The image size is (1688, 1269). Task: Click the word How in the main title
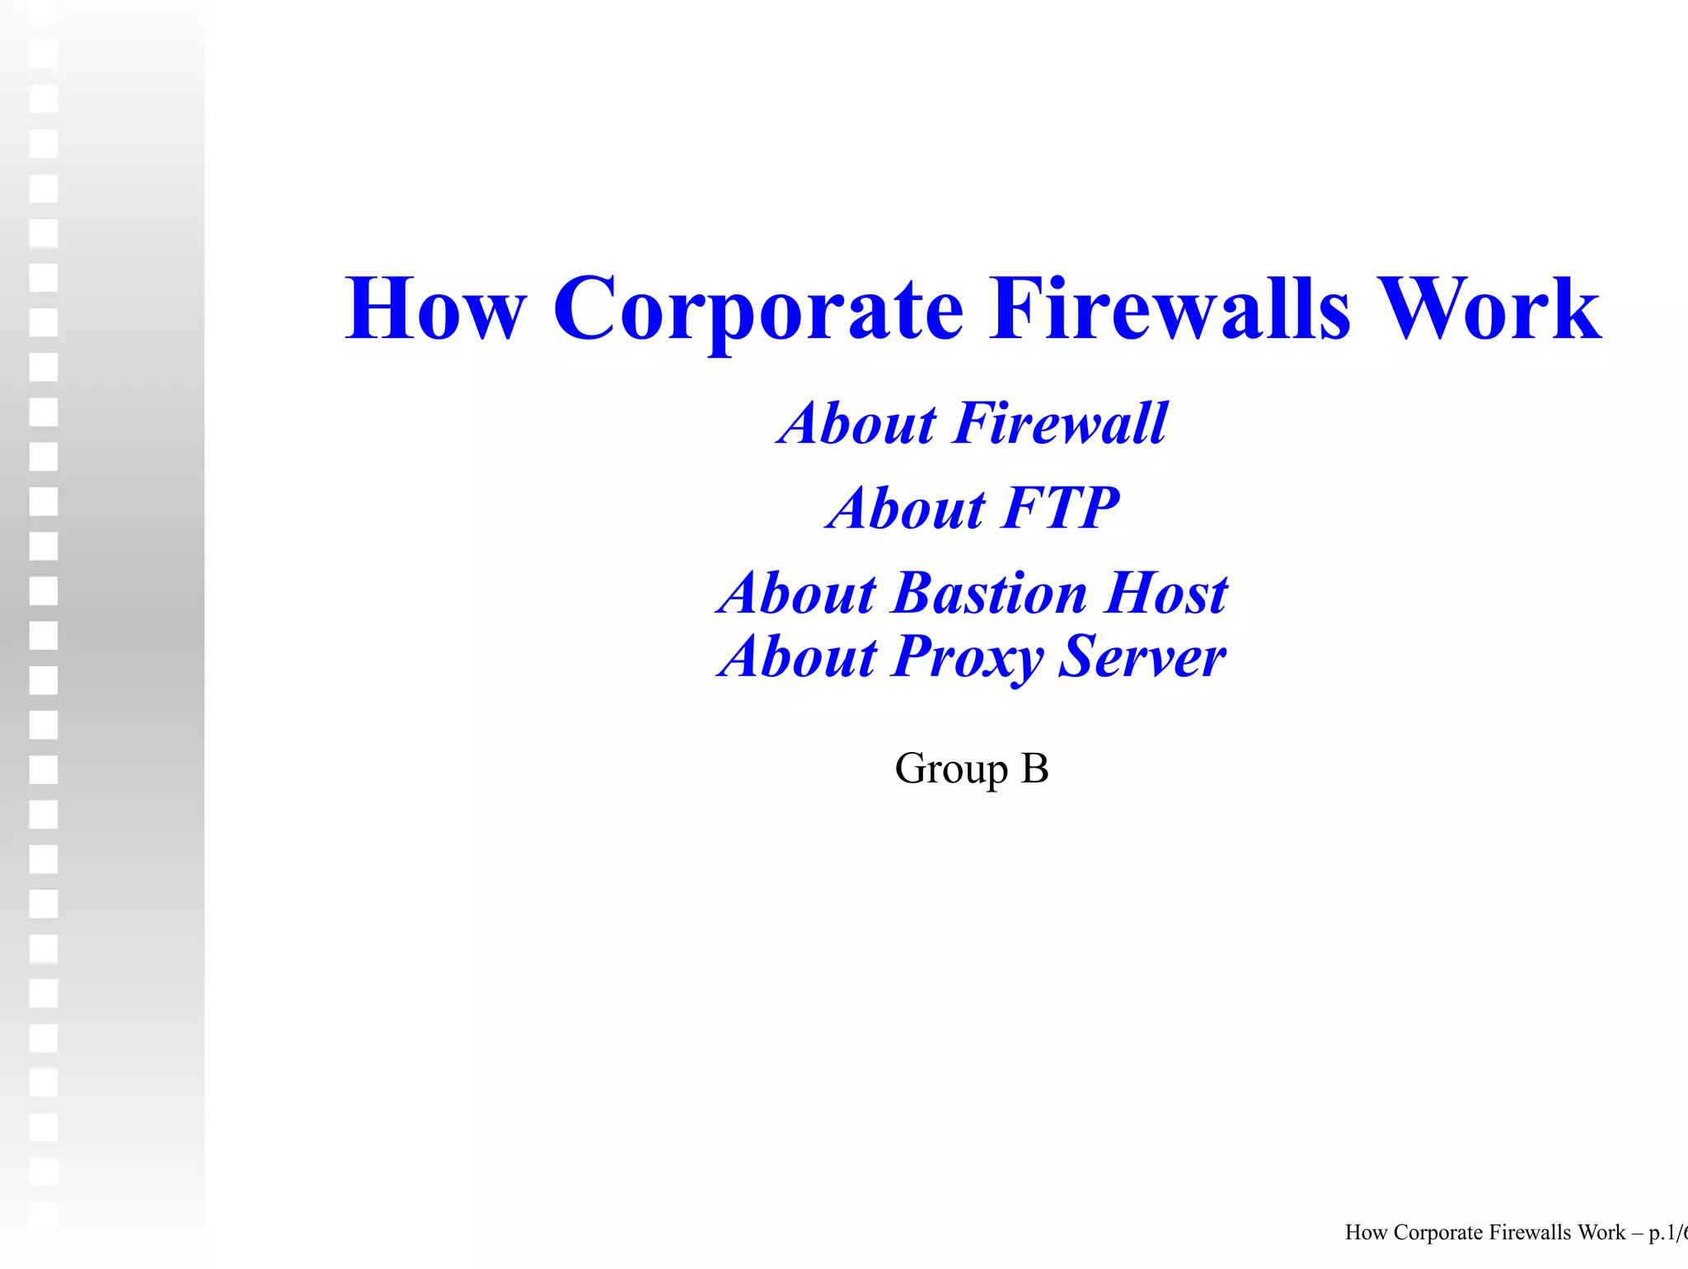pyautogui.click(x=434, y=308)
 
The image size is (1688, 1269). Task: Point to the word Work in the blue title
pyautogui.click(x=1489, y=308)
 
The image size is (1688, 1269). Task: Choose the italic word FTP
pyautogui.click(x=1062, y=508)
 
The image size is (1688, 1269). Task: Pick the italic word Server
pyautogui.click(x=1142, y=657)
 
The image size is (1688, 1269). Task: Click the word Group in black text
pyautogui.click(x=951, y=769)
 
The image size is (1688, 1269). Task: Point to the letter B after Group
pyautogui.click(x=1034, y=768)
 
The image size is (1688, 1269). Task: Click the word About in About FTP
pyautogui.click(x=907, y=508)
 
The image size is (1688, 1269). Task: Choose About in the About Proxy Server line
pyautogui.click(x=797, y=657)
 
